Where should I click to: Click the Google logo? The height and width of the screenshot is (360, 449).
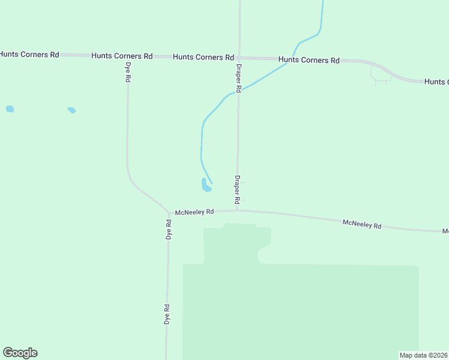(20, 353)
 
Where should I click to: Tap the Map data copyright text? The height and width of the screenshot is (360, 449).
(423, 355)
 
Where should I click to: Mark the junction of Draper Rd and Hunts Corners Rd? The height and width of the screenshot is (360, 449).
(240, 58)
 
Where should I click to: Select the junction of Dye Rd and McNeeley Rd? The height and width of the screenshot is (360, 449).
(169, 213)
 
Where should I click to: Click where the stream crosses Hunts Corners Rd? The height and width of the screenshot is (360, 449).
(288, 59)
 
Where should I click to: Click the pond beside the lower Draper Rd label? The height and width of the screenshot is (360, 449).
(206, 185)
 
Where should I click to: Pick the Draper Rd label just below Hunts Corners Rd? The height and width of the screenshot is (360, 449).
(238, 78)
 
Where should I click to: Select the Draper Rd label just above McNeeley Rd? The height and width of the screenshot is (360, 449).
(237, 188)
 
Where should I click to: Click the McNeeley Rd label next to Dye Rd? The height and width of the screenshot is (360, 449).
(194, 212)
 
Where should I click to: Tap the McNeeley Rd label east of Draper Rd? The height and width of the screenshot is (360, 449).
(362, 224)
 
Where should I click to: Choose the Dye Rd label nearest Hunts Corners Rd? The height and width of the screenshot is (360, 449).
(128, 73)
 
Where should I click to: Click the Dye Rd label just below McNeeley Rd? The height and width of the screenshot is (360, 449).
(169, 230)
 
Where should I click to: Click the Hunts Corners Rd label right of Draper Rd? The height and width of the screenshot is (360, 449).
(309, 60)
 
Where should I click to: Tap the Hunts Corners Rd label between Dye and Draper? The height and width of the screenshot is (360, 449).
(203, 57)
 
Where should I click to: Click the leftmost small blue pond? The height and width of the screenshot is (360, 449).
(10, 109)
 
